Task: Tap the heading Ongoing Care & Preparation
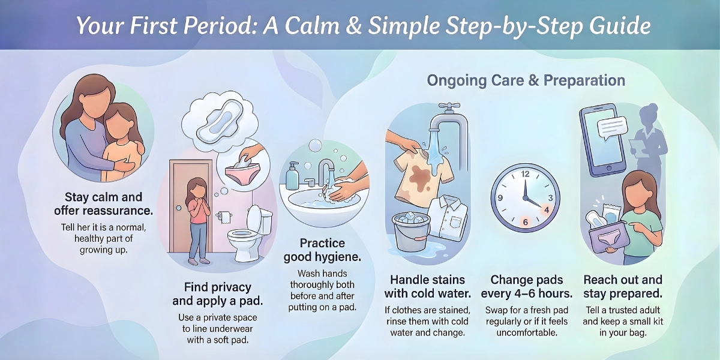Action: (526, 80)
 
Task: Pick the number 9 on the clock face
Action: (500, 197)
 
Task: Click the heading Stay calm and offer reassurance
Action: (103, 204)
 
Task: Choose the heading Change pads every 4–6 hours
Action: (527, 286)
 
